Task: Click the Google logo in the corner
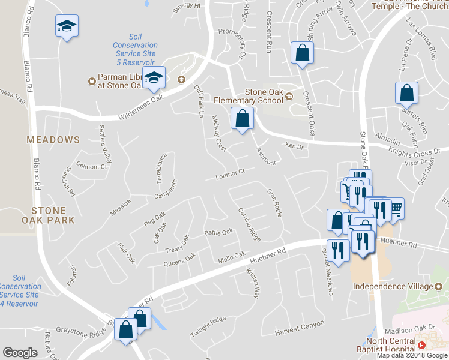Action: pyautogui.click(x=20, y=353)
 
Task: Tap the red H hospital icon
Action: pyautogui.click(x=421, y=346)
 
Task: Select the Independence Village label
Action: pyautogui.click(x=392, y=287)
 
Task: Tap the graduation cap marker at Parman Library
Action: pyautogui.click(x=154, y=77)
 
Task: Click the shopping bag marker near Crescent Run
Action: pyautogui.click(x=302, y=53)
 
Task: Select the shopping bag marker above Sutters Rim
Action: pyautogui.click(x=406, y=93)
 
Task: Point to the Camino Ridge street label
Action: pyautogui.click(x=249, y=224)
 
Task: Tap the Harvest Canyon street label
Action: pyautogui.click(x=300, y=328)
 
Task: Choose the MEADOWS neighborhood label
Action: pyautogui.click(x=53, y=140)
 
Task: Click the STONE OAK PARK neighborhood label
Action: pyautogui.click(x=53, y=215)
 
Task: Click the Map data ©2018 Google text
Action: pyautogui.click(x=411, y=355)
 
